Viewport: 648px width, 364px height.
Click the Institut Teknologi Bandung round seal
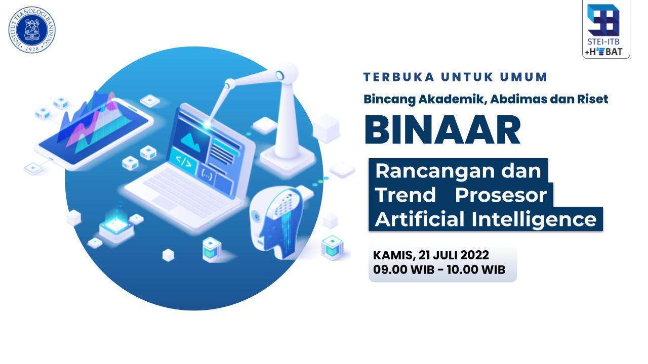pos(32,30)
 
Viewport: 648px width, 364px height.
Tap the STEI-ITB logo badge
pos(606,29)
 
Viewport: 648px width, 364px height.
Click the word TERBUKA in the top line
pos(399,77)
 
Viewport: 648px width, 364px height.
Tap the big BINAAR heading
pos(442,130)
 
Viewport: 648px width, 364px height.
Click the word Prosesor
pos(501,195)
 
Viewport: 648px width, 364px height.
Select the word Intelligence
pos(534,219)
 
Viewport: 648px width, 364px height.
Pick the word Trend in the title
pos(406,195)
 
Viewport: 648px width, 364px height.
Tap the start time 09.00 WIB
pos(403,269)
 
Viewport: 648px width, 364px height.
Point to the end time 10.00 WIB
pos(476,269)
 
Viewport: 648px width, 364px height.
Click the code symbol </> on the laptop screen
pos(184,162)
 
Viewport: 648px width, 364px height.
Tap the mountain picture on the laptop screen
pos(191,141)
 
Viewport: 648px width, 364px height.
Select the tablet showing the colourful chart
pos(94,133)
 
